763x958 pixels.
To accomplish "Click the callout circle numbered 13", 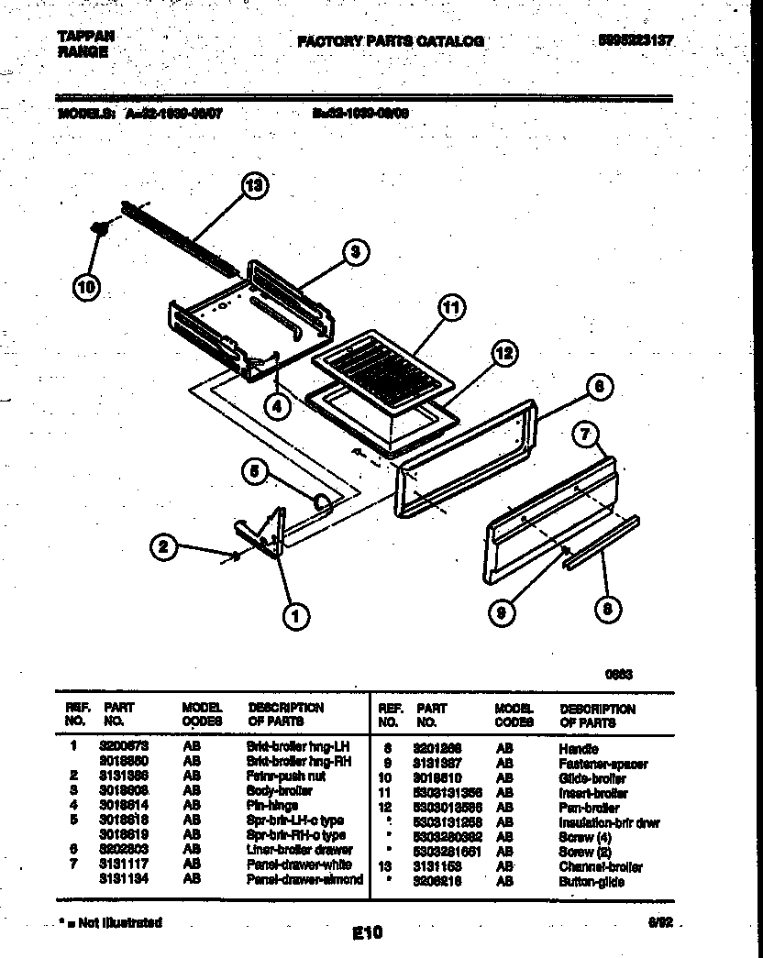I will click(256, 185).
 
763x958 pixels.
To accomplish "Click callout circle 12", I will click(503, 353).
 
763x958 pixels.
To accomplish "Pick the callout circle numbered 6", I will click(597, 388).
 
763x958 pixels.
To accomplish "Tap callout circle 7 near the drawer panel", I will click(588, 435).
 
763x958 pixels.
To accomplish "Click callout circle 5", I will click(255, 472).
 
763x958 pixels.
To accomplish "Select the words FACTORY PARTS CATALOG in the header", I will click(390, 41).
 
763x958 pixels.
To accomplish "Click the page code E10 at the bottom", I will click(367, 933).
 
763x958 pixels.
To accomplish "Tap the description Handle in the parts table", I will click(578, 749).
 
